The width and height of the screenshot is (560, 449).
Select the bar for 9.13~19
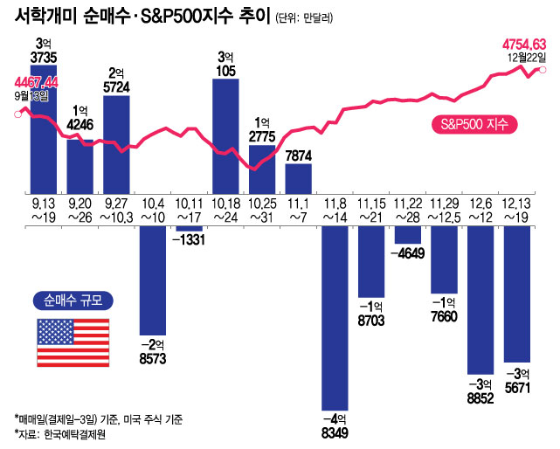45,131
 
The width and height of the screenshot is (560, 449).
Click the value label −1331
190,240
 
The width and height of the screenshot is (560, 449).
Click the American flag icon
73,342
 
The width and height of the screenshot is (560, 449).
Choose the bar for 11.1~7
299,177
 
